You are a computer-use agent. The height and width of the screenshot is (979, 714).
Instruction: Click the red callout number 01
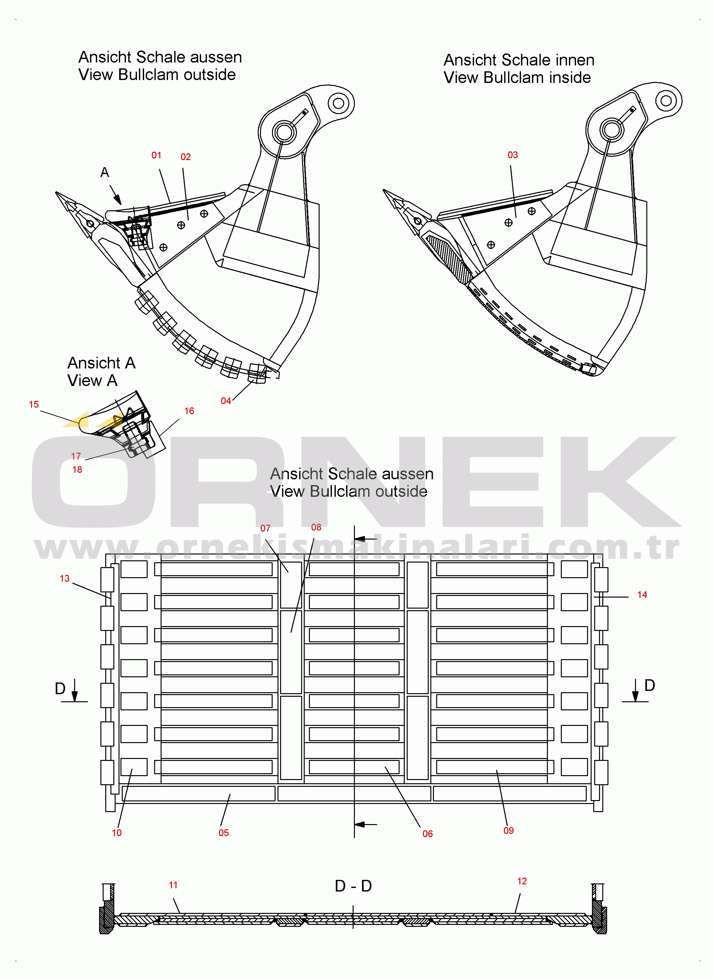(x=156, y=155)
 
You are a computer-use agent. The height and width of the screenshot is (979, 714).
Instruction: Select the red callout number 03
(x=513, y=155)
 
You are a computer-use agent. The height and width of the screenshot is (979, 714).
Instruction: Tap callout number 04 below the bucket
(x=226, y=401)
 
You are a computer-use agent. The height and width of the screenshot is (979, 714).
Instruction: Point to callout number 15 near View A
(x=34, y=404)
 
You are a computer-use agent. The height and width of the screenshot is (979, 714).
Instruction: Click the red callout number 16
(x=189, y=411)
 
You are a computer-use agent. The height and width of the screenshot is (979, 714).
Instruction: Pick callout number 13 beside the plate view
(x=64, y=578)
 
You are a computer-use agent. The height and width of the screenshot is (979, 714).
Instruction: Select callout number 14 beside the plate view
(x=642, y=595)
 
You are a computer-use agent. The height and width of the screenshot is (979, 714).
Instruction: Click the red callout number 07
(x=266, y=528)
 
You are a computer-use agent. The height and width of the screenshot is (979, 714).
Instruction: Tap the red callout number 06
(x=427, y=834)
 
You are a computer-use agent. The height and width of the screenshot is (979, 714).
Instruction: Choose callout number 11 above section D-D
(x=173, y=885)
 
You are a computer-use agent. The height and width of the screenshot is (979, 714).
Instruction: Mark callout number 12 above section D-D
(x=522, y=881)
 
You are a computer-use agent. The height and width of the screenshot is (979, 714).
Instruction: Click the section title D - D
(x=353, y=886)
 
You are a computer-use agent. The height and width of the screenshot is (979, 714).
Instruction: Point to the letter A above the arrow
(x=105, y=172)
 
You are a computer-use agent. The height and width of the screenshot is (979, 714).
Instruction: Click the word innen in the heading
(x=570, y=60)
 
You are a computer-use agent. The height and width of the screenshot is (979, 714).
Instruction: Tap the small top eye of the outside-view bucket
(x=339, y=103)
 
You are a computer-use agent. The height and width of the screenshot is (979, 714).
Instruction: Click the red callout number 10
(x=117, y=833)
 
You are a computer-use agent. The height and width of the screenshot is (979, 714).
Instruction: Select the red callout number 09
(x=509, y=831)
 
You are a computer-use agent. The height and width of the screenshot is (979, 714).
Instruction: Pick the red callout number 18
(x=77, y=470)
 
